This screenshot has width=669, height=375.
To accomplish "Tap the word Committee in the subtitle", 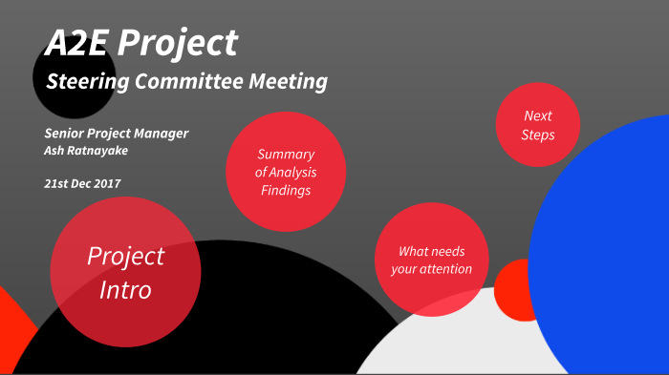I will click(188, 82).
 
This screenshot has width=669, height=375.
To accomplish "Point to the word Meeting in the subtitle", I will click(288, 82).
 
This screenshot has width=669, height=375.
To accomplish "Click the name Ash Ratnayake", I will click(85, 151).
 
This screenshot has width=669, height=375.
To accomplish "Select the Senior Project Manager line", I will click(116, 133).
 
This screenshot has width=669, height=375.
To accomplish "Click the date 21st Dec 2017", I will click(82, 182).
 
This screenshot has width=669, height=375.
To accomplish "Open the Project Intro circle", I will click(125, 272).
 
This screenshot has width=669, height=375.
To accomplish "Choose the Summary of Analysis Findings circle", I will click(285, 172).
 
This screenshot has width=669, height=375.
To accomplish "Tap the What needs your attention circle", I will click(431, 260).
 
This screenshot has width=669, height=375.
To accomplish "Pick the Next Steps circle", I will click(538, 125).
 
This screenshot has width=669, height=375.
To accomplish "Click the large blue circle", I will click(612, 248).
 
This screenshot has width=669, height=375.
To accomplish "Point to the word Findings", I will click(286, 191).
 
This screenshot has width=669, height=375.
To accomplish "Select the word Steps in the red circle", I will click(538, 135).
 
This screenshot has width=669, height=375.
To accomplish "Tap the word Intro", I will click(125, 289).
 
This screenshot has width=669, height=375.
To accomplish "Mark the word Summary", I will click(286, 155).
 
